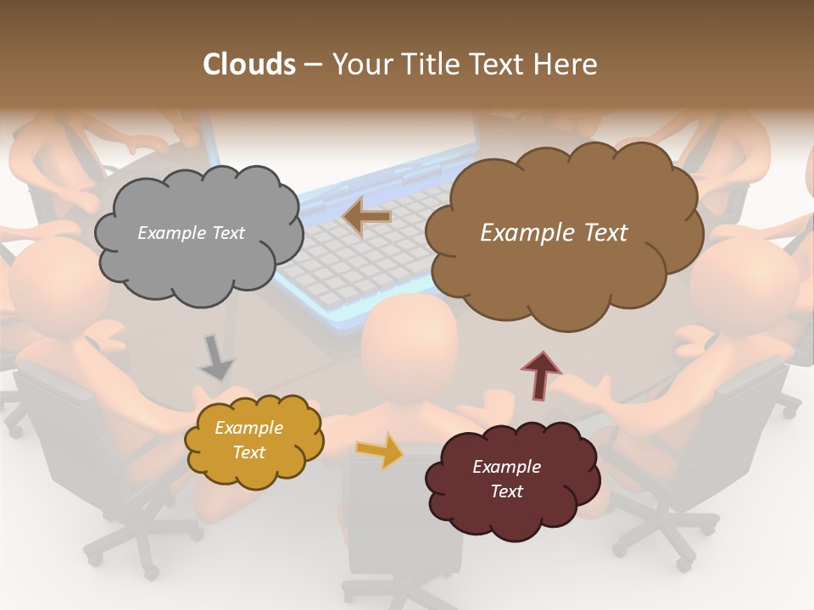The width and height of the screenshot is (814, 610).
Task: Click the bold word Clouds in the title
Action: (248, 64)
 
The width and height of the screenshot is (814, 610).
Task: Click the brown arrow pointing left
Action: (367, 217)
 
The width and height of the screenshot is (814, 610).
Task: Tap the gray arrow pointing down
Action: (216, 358)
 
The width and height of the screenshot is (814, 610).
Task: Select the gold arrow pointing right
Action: (380, 450)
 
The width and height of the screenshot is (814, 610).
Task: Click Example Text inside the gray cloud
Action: (191, 233)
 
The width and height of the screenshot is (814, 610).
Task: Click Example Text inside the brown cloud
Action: (554, 233)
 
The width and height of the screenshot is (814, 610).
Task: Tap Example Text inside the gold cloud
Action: (248, 440)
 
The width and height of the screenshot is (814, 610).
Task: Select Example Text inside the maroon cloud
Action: (506, 479)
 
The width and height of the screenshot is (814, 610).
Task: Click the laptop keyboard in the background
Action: (356, 254)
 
